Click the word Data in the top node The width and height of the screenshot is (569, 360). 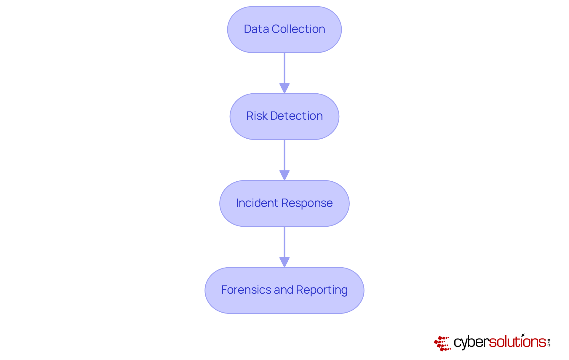coord(256,29)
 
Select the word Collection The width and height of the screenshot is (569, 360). coord(298,29)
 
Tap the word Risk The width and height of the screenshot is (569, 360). coord(257,116)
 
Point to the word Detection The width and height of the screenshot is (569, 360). coord(296,116)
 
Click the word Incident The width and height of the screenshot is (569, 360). coord(257,203)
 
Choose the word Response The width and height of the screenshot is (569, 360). coord(307,203)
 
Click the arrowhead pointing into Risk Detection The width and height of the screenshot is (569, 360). coord(284,88)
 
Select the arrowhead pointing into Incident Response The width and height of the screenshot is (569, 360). coord(284,175)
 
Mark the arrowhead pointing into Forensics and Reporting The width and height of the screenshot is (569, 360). coord(284,262)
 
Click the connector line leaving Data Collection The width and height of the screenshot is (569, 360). coord(284,68)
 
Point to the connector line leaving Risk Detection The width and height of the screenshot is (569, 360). coord(284,155)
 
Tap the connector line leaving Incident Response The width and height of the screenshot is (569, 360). coord(284,242)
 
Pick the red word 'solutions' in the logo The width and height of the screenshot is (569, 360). coord(517,342)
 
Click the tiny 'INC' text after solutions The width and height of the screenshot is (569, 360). coord(549,343)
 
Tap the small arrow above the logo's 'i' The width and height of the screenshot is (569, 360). coord(523,335)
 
